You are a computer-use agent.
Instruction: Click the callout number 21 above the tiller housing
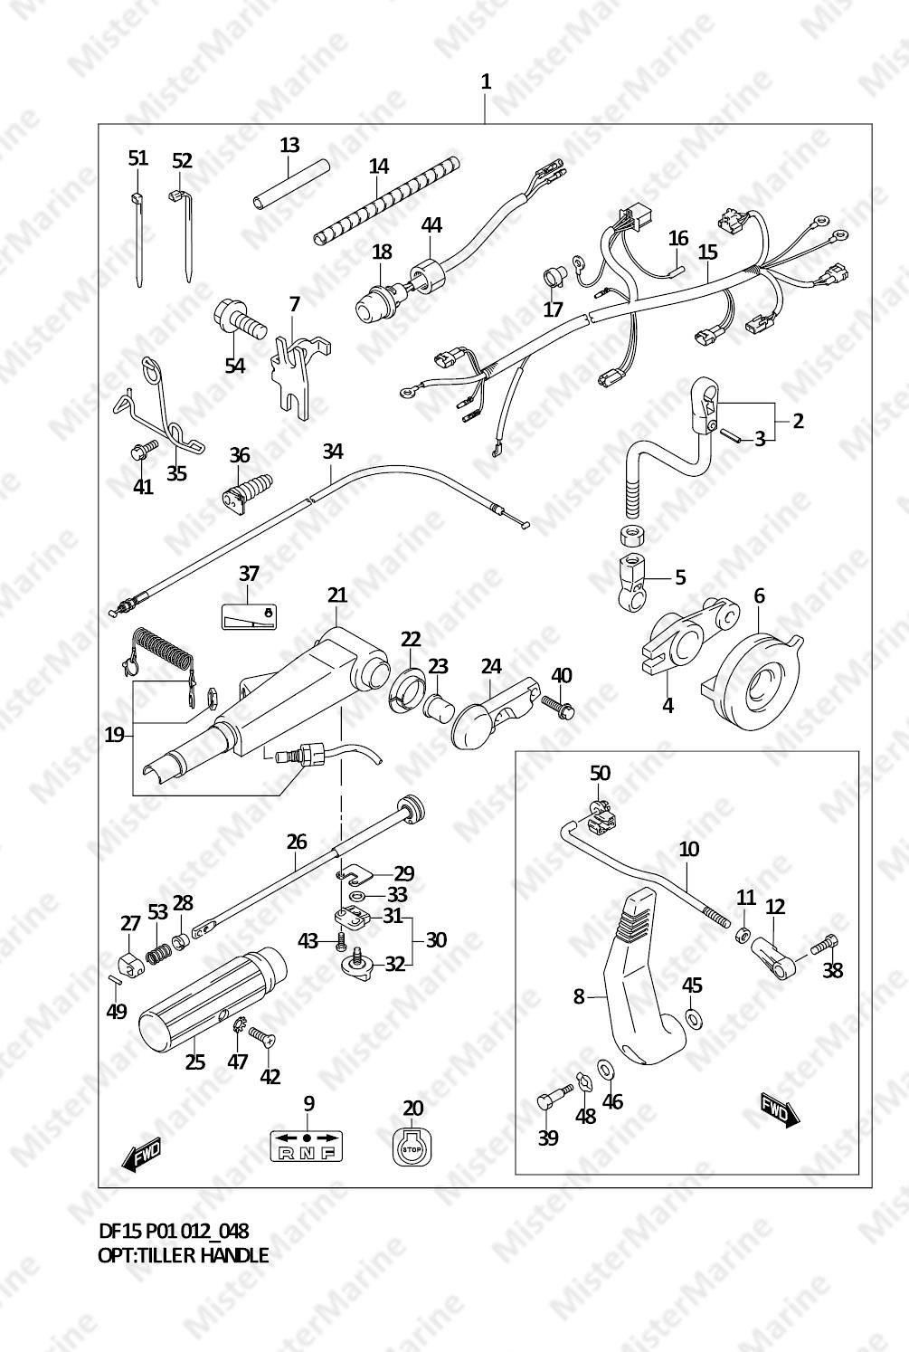(337, 595)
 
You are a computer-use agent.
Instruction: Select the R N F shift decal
(307, 1146)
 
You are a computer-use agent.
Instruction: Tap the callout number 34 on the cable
(332, 451)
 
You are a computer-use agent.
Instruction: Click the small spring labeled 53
(160, 952)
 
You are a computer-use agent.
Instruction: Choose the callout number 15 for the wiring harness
(708, 252)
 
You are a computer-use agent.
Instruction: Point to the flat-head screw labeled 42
(262, 1036)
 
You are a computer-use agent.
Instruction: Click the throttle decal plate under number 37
(249, 615)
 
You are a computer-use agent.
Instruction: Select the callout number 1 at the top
(486, 81)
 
